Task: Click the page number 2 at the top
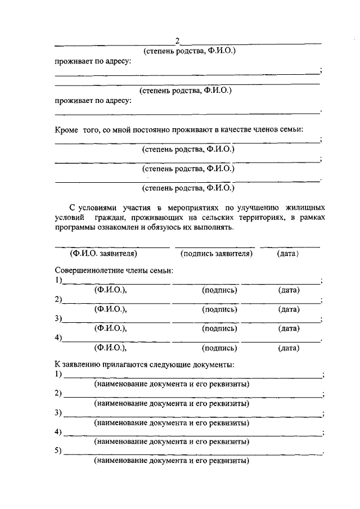coord(177,40)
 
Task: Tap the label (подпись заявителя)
coord(216,254)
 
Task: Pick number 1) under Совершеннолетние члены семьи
coord(58,281)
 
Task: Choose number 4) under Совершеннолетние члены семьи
coord(58,338)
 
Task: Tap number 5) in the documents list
coord(58,451)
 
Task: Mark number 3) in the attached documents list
coord(58,413)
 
